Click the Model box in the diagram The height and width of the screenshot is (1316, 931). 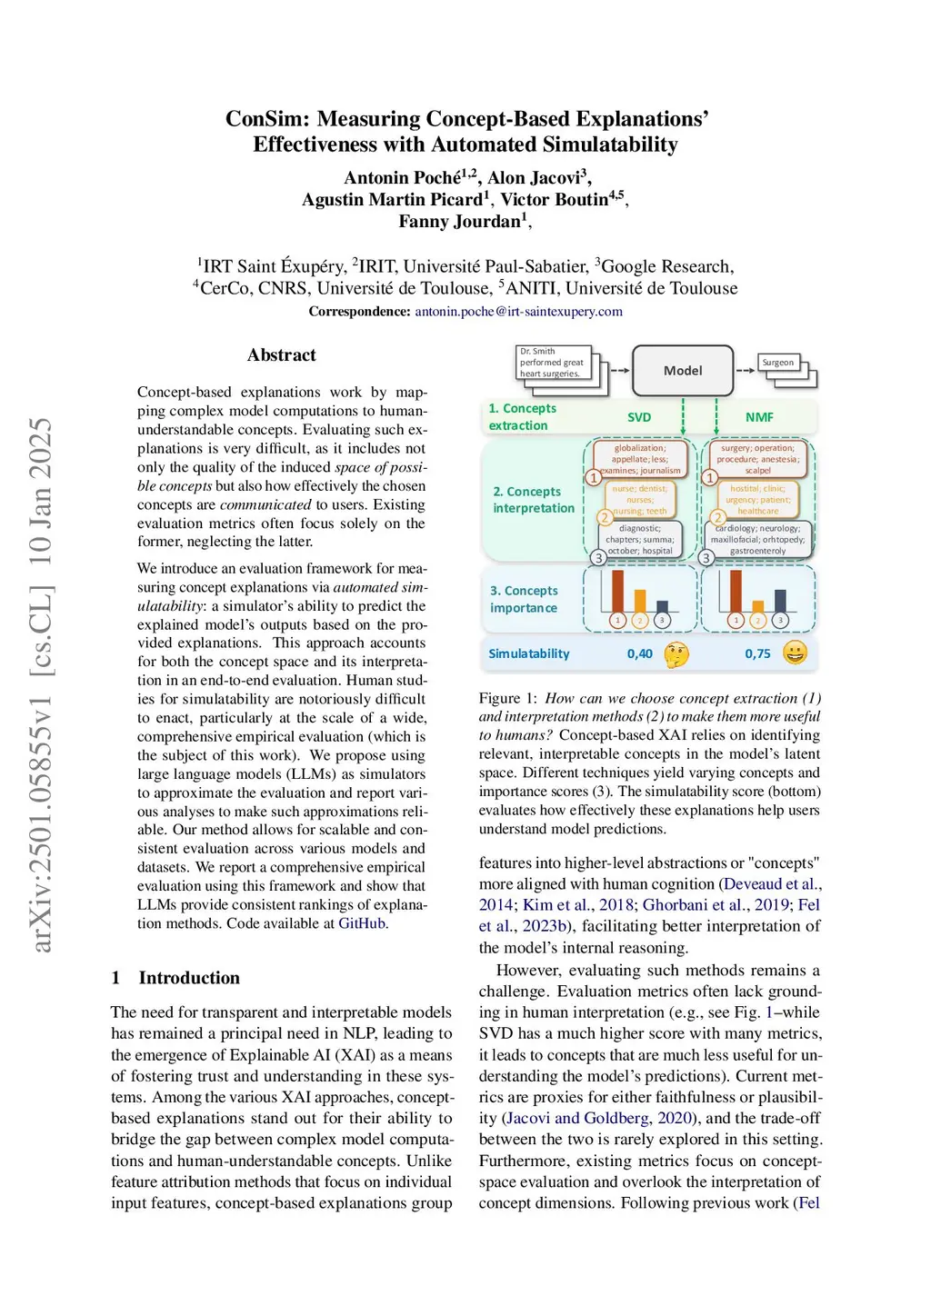click(682, 370)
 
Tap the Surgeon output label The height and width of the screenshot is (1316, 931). click(777, 363)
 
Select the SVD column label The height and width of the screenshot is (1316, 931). click(639, 417)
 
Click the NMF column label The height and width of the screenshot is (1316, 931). click(759, 417)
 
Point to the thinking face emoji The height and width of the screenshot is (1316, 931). click(676, 653)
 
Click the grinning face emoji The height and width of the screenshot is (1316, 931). click(795, 653)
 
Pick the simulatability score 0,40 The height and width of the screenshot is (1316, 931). click(639, 653)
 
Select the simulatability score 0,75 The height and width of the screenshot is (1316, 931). click(757, 653)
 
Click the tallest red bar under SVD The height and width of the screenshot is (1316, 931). click(617, 591)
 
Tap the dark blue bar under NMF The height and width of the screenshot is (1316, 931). click(780, 601)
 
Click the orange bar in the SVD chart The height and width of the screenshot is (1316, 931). click(640, 601)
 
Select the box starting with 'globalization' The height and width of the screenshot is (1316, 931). click(640, 459)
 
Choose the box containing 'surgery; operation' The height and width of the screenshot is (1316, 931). click(758, 459)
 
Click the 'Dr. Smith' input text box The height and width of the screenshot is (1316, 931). click(552, 363)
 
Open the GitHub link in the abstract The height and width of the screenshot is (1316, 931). click(362, 923)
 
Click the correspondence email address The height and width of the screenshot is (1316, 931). click(518, 312)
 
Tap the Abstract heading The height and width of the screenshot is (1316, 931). click(281, 355)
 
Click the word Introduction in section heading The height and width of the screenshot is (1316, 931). click(189, 978)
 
